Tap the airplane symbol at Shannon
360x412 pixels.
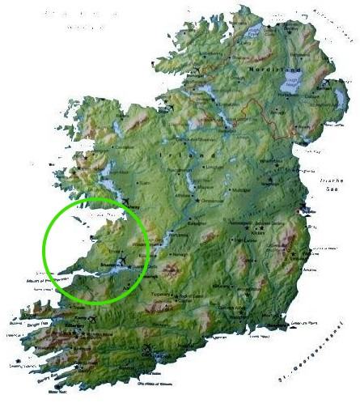point(122,260)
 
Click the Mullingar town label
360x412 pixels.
point(226,189)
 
